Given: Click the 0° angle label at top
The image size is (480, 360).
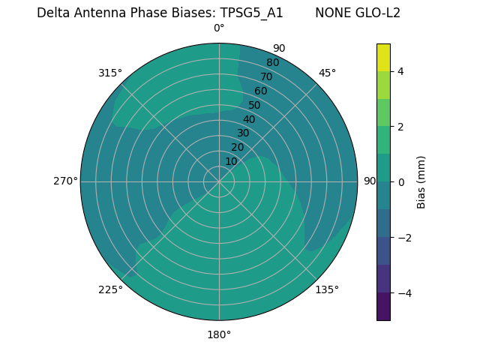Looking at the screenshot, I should [219, 28].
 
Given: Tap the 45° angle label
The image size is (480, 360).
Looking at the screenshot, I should [327, 73].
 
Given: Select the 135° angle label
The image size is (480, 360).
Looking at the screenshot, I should [327, 289].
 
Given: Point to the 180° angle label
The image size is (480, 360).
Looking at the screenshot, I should [219, 334].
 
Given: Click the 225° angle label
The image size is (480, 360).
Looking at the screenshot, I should [110, 289].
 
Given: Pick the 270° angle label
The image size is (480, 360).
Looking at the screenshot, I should [65, 181].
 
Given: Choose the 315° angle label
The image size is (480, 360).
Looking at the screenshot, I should [110, 73].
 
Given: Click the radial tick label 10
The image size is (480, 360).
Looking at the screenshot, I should [231, 161].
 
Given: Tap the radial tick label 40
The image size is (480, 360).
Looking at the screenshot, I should [249, 119].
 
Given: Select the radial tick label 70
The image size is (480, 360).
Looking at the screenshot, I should [266, 76].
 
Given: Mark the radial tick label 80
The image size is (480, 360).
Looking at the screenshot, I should [272, 62].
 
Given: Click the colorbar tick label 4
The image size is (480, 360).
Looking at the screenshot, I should [401, 71].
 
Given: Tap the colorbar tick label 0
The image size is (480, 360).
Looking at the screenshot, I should [401, 182].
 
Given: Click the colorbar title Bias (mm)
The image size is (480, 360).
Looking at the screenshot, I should [421, 182].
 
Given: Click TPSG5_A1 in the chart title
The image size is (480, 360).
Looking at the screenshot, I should [251, 13].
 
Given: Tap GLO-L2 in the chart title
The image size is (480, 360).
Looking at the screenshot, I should [379, 13].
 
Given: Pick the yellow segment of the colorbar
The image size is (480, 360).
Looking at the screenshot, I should [383, 57].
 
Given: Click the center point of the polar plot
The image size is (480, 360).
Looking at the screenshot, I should [219, 181].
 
